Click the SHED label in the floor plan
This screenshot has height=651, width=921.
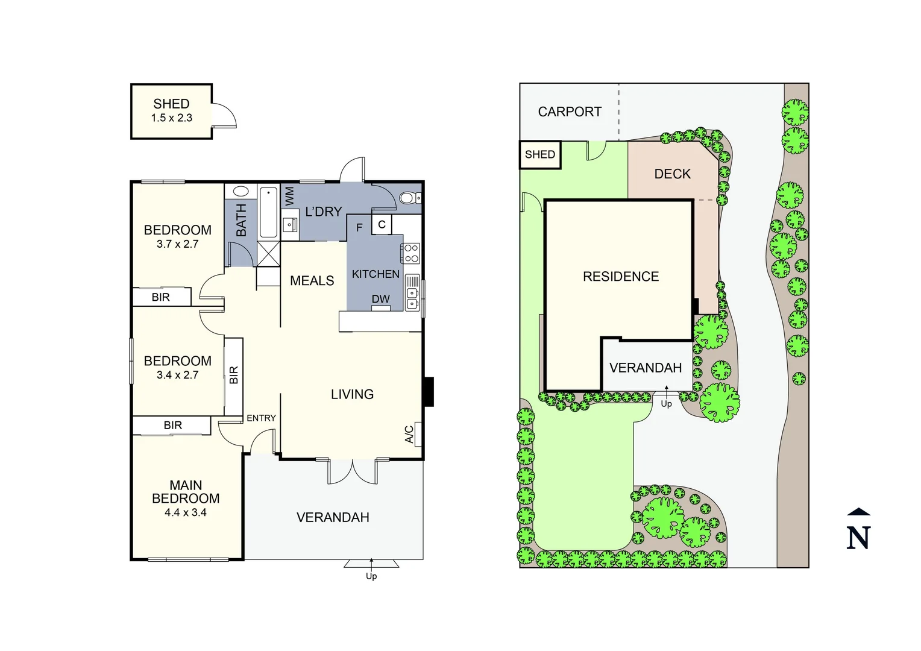pos(171,104)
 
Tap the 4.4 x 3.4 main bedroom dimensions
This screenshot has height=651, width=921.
pos(186,512)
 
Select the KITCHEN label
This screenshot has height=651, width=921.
pos(376,274)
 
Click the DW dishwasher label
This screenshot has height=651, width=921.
pos(380,299)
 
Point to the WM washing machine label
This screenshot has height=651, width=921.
pos(290,196)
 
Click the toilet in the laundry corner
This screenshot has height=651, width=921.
pos(409,198)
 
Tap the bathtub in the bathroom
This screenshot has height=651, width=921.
pos(268,212)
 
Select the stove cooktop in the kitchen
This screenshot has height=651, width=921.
pos(411,253)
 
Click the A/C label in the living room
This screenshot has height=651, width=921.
pos(409,434)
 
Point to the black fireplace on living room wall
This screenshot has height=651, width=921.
pos(429,392)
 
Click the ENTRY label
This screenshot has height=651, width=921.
pos(261,418)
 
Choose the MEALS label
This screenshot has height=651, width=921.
pos(312,281)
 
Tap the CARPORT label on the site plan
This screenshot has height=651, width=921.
pos(570,112)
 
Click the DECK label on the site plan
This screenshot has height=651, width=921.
pos(672,174)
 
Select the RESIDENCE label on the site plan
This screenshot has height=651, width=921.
pos(621,277)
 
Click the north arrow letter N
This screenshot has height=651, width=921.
pos(858,537)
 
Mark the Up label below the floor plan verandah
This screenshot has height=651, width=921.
pos(371,576)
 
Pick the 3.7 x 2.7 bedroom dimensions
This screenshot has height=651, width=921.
pos(177,244)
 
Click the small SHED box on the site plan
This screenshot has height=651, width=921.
pos(540,155)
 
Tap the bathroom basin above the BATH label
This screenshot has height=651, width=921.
pos(241,192)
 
